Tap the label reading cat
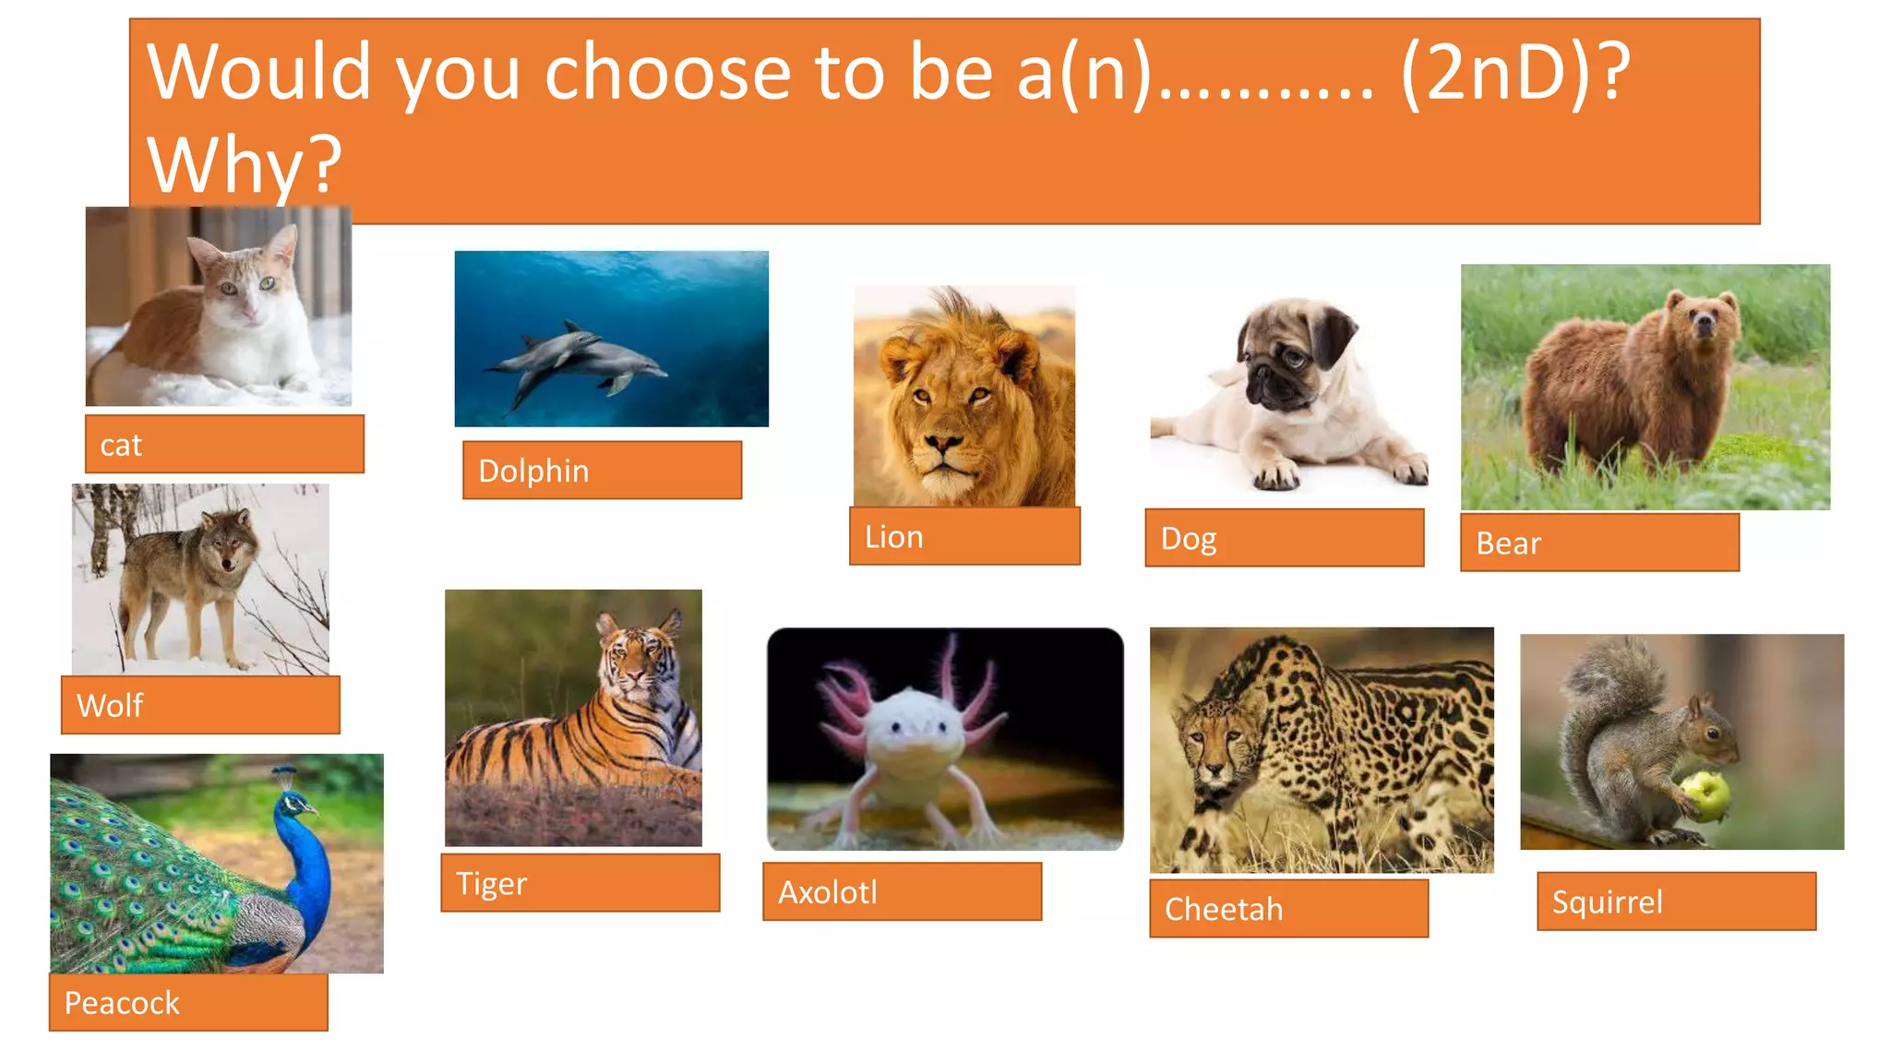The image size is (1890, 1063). click(x=121, y=446)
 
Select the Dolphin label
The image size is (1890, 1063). click(x=533, y=472)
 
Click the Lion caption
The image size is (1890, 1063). click(x=893, y=537)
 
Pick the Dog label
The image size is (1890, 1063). click(x=1189, y=539)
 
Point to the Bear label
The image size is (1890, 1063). click(x=1508, y=543)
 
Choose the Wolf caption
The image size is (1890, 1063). click(x=110, y=706)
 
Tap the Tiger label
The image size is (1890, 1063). click(x=491, y=884)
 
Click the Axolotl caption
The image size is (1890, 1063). click(x=827, y=892)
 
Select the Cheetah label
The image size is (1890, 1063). click(x=1224, y=910)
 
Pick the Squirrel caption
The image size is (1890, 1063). click(x=1607, y=902)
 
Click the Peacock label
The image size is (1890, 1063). click(x=122, y=1003)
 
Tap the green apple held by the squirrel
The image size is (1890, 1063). click(x=1705, y=794)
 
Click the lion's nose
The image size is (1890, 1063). click(x=943, y=444)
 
